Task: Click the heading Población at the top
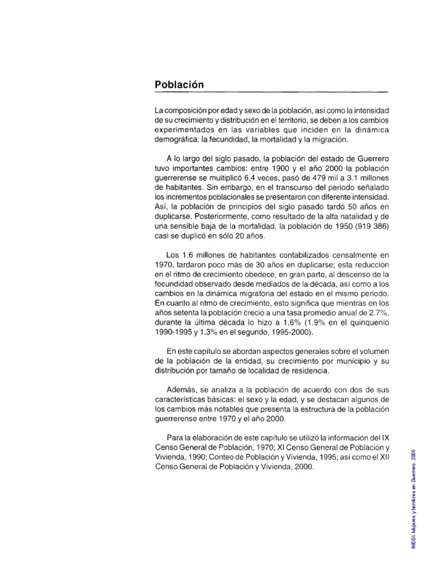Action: coord(179,84)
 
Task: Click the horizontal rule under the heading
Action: coord(272,92)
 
